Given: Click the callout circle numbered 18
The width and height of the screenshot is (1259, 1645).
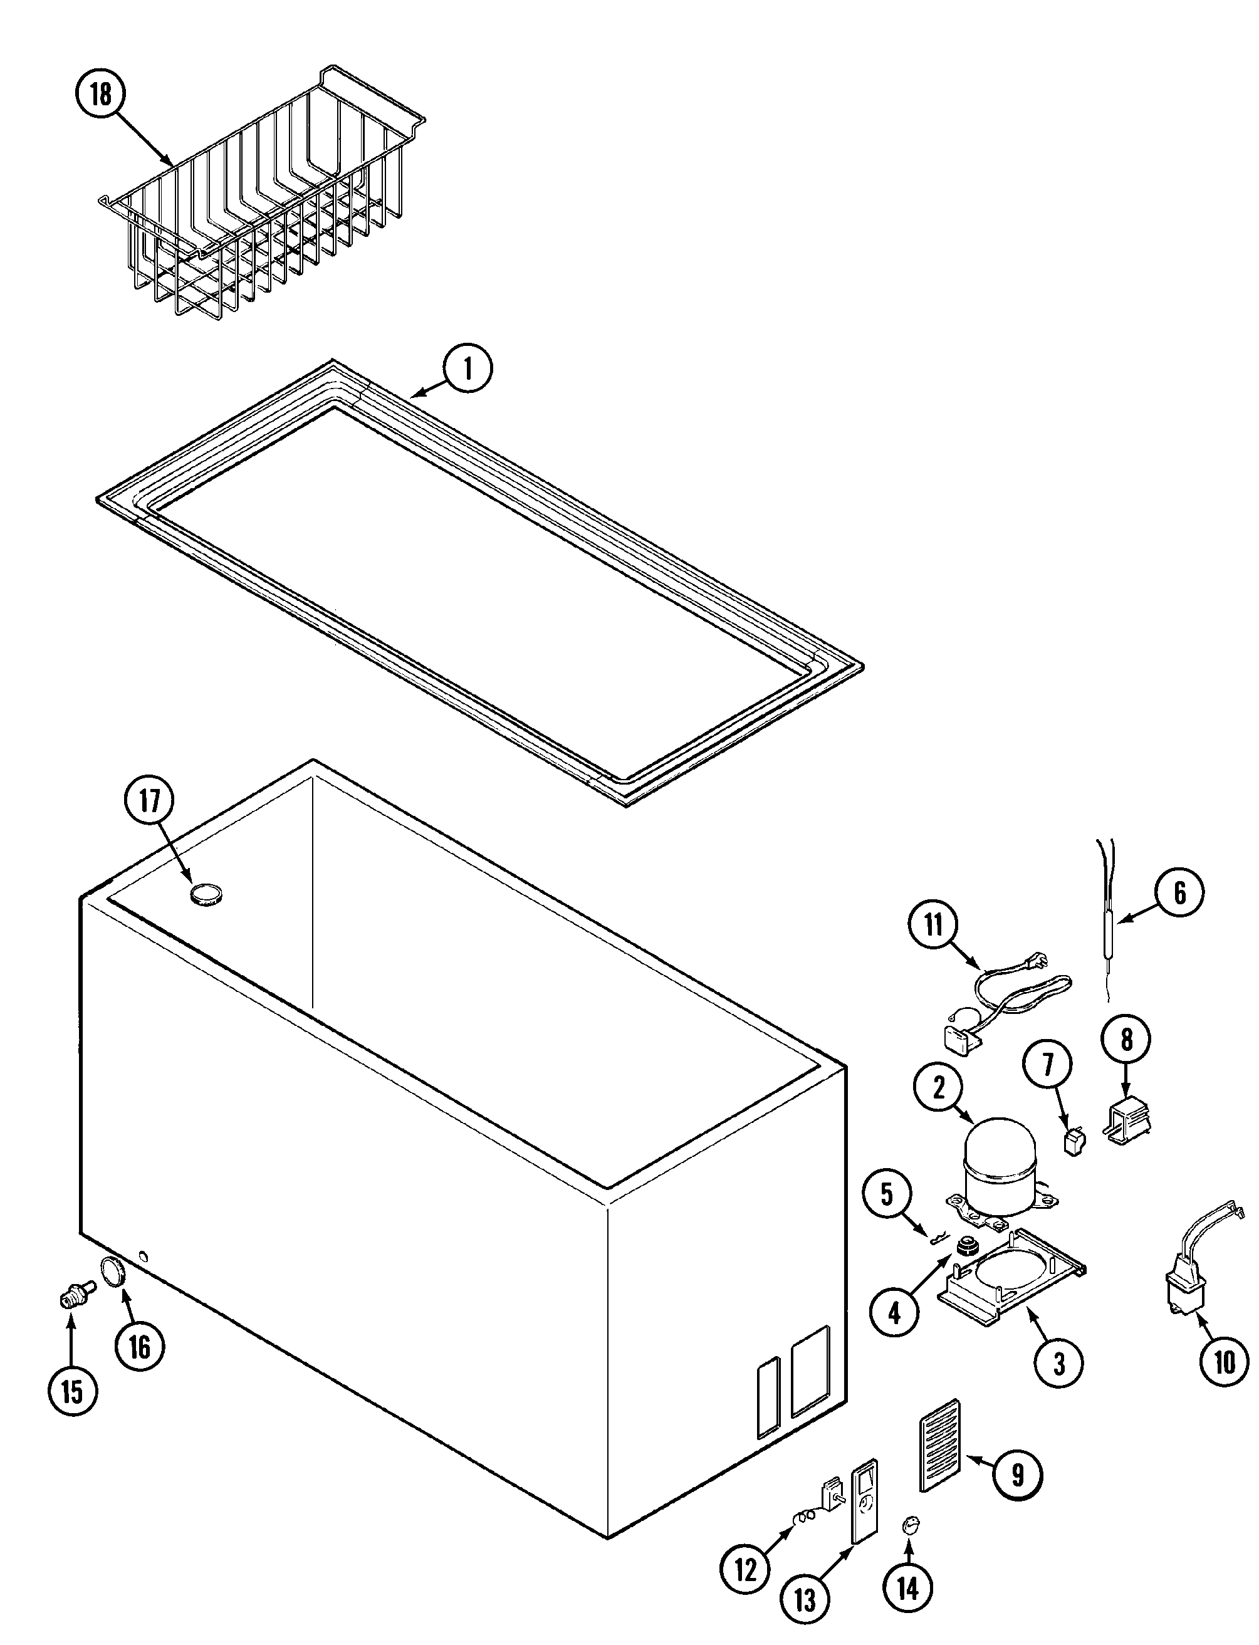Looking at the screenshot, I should click(x=100, y=95).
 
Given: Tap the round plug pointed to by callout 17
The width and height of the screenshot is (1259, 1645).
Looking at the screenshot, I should click(x=206, y=894).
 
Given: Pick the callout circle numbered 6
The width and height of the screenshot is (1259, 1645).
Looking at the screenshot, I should click(x=1179, y=892).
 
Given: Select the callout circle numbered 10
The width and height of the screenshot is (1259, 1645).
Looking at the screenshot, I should click(x=1224, y=1362).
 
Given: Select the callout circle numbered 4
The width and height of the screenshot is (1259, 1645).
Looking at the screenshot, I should click(x=896, y=1312).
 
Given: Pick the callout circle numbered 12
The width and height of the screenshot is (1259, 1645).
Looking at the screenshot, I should click(x=746, y=1569).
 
